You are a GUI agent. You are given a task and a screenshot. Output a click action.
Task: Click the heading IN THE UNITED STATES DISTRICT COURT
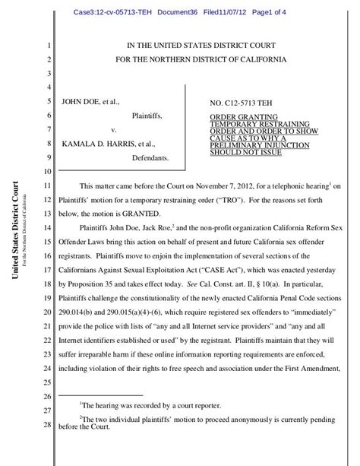pyautogui.click(x=202, y=46)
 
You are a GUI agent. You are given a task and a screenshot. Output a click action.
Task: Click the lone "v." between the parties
pyautogui.click(x=114, y=129)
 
